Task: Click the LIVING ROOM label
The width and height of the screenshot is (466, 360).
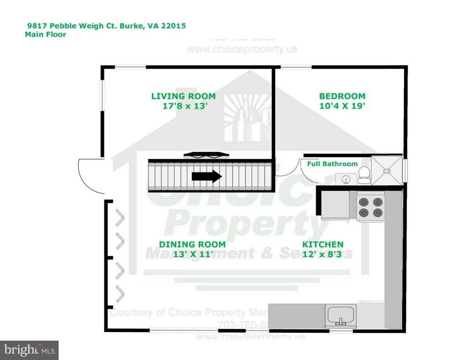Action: pyautogui.click(x=183, y=96)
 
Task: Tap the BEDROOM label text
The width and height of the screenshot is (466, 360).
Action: pyautogui.click(x=342, y=96)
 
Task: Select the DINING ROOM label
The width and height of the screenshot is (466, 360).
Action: pyautogui.click(x=192, y=244)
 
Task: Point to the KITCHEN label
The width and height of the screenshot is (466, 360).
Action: pyautogui.click(x=323, y=244)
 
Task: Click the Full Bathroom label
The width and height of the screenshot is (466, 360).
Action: pyautogui.click(x=332, y=164)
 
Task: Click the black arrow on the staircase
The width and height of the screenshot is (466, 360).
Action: pyautogui.click(x=207, y=176)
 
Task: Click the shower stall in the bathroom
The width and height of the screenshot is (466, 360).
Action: pyautogui.click(x=387, y=170)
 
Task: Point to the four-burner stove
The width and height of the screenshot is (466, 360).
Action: pyautogui.click(x=370, y=206)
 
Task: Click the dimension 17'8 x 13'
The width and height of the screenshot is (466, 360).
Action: pyautogui.click(x=185, y=106)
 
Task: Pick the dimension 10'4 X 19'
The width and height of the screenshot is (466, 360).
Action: pyautogui.click(x=342, y=106)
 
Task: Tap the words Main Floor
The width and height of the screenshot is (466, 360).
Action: pyautogui.click(x=46, y=34)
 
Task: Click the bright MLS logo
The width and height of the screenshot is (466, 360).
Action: pyautogui.click(x=29, y=350)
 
